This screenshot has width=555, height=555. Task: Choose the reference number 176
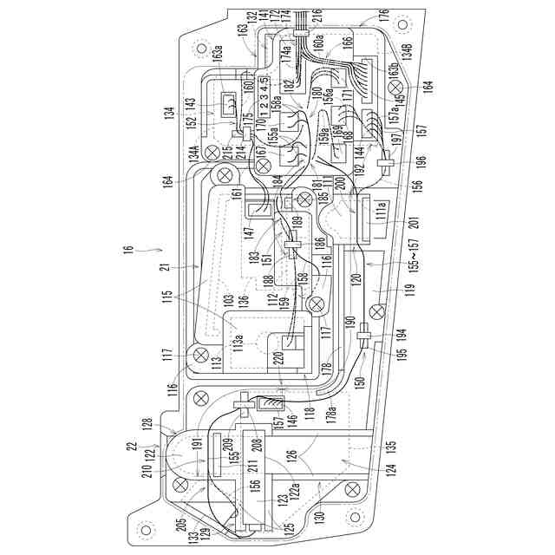click(382, 17)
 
